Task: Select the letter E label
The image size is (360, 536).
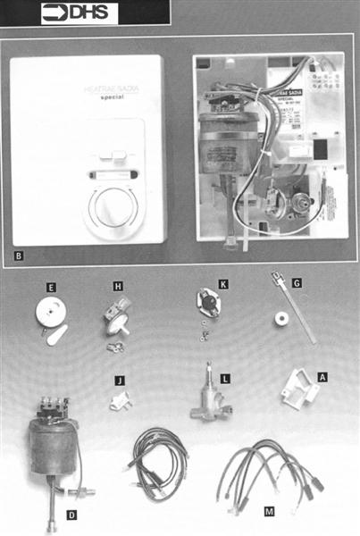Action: pyautogui.click(x=51, y=287)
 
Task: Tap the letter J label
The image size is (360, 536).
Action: pyautogui.click(x=119, y=381)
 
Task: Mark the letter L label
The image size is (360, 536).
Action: pyautogui.click(x=225, y=380)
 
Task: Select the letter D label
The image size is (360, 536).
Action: pyautogui.click(x=71, y=515)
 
